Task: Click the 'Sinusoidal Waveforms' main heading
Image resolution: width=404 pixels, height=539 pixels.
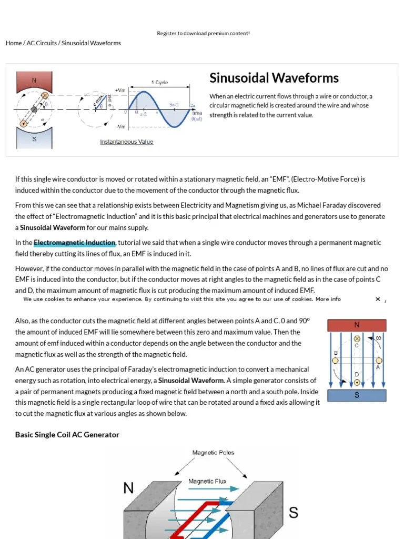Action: (x=274, y=78)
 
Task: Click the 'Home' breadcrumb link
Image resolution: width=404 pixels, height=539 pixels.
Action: (x=14, y=43)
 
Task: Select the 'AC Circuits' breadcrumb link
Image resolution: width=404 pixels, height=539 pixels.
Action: (x=42, y=43)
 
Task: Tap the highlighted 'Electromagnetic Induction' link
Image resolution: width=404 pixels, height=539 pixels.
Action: (x=74, y=243)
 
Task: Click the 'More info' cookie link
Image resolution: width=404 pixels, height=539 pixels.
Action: (x=328, y=299)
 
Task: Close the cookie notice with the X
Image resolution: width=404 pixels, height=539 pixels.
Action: (x=378, y=299)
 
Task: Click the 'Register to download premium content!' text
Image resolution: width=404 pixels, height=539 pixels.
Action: (x=203, y=33)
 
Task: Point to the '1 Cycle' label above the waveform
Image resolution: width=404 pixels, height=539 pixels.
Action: (x=160, y=83)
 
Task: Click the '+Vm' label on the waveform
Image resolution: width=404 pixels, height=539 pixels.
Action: (x=120, y=91)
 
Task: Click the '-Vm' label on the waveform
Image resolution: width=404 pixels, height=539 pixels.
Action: (x=120, y=127)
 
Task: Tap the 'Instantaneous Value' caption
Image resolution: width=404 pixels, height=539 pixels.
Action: (x=127, y=142)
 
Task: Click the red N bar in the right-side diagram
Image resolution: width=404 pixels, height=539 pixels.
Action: (x=357, y=325)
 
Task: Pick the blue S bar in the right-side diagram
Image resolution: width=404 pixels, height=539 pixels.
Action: (x=357, y=395)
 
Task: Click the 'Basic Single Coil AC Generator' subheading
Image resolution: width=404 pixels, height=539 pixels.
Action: (x=67, y=435)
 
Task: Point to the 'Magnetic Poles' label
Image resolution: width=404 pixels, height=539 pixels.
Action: (x=213, y=453)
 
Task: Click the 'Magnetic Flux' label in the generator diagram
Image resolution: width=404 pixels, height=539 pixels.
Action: (x=208, y=481)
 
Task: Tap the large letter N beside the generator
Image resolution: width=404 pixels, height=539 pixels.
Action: (x=128, y=488)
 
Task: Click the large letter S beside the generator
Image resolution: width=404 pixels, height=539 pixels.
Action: (x=294, y=512)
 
